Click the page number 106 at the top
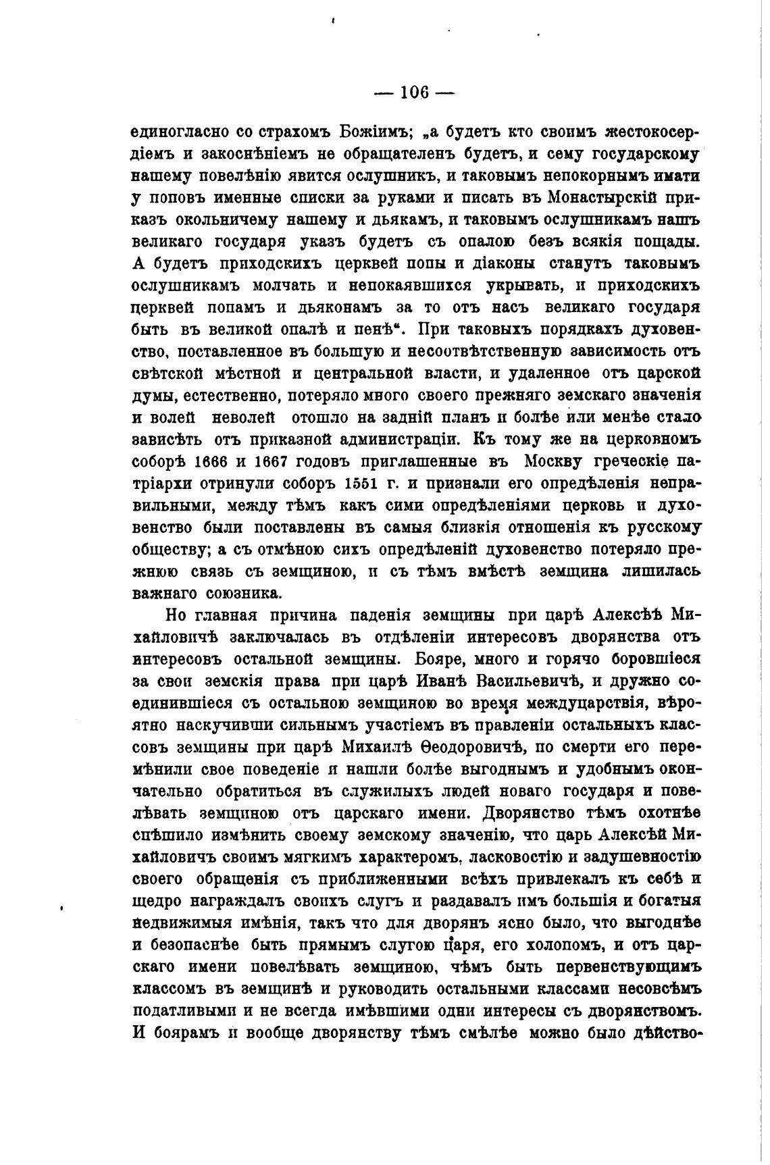(415, 93)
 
